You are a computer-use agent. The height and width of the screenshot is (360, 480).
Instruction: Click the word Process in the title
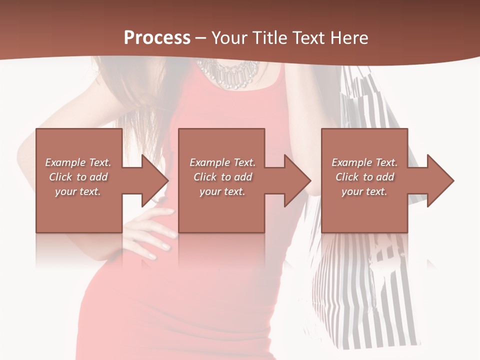click(x=157, y=38)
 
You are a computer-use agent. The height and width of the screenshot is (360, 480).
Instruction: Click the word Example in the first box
click(x=65, y=162)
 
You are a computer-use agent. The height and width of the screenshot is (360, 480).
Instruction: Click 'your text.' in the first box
click(x=78, y=191)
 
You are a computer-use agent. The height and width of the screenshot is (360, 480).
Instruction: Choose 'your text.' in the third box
click(x=364, y=191)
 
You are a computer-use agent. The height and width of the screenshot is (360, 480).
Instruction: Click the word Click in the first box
click(x=60, y=177)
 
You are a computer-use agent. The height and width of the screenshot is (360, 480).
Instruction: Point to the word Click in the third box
click(x=347, y=177)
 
